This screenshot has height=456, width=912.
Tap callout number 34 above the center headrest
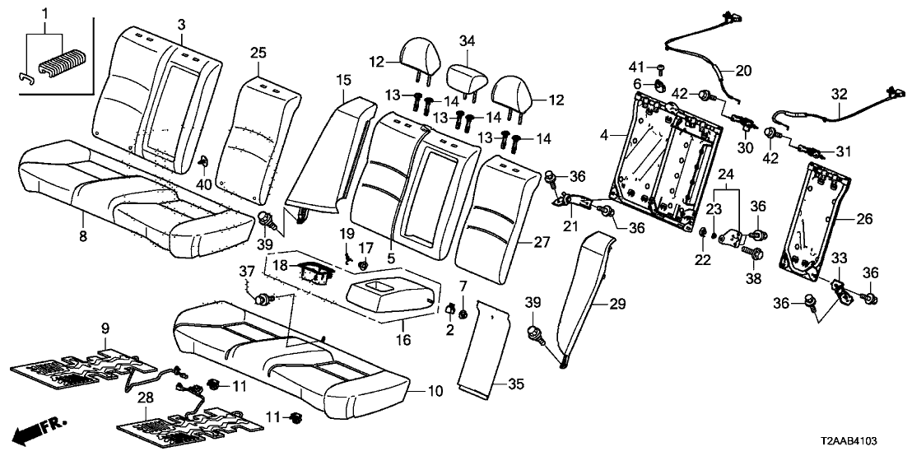(467, 41)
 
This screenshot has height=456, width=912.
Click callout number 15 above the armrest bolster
(342, 79)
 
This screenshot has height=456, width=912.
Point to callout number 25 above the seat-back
(258, 54)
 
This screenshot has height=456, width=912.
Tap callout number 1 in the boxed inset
(45, 13)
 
